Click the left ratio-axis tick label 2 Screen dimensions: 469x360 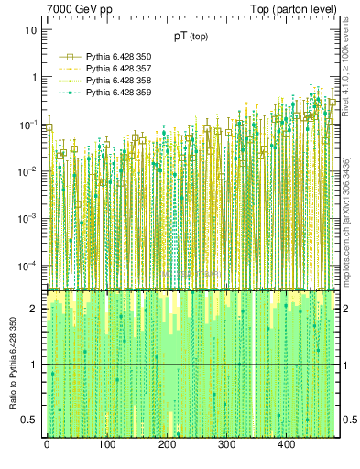click(x=36, y=309)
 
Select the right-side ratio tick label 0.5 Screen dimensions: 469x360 click(x=349, y=420)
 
